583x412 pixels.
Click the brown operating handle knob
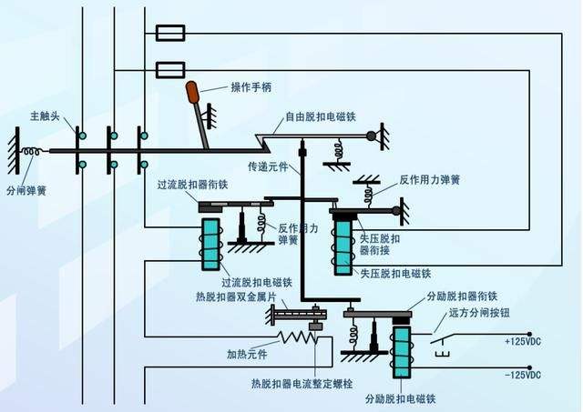click(193, 92)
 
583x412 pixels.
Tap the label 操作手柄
click(251, 87)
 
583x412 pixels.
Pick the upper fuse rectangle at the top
click(171, 35)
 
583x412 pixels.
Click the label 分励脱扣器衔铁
click(462, 296)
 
